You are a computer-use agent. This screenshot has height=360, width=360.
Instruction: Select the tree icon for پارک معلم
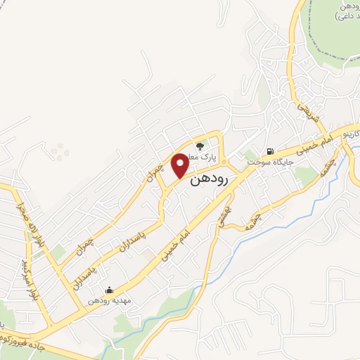(x=200, y=146)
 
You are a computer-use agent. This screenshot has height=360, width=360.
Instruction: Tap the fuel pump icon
(x=269, y=151)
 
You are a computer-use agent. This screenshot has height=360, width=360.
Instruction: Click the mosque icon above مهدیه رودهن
(x=109, y=290)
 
